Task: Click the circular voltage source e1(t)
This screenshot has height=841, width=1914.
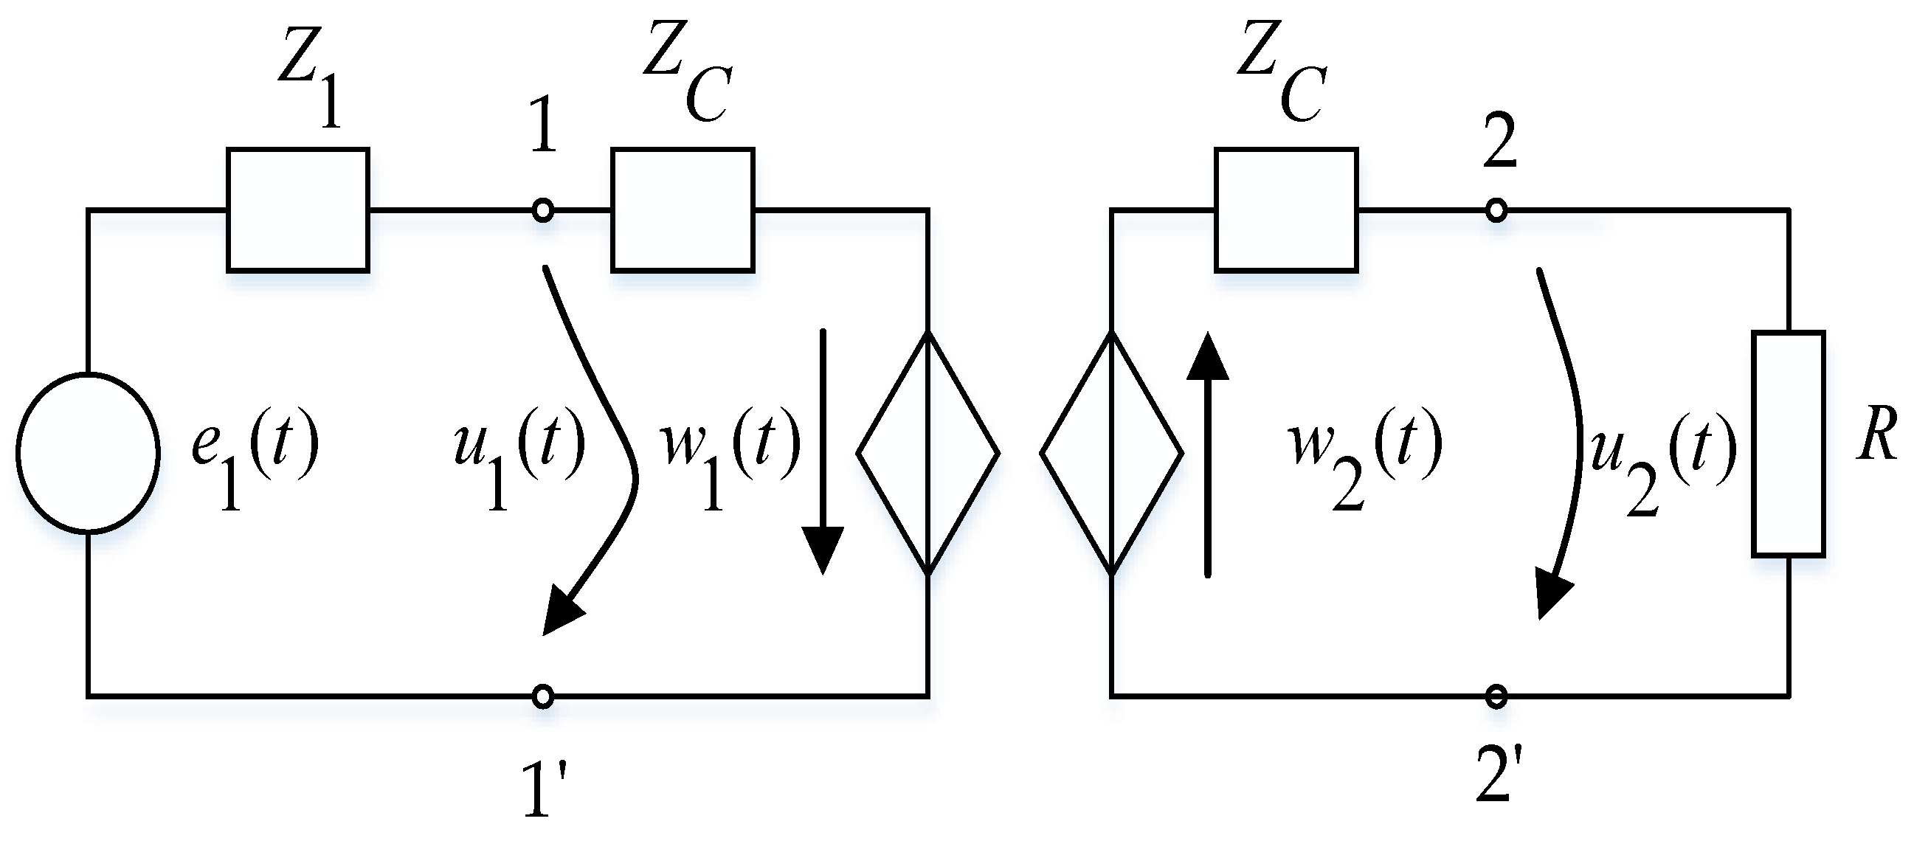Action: pyautogui.click(x=88, y=452)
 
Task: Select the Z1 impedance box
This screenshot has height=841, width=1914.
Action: pyautogui.click(x=298, y=210)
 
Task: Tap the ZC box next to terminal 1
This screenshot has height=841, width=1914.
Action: pyautogui.click(x=683, y=210)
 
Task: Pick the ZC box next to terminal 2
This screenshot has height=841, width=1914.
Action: pyautogui.click(x=1287, y=210)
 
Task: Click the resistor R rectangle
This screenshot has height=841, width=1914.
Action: pyautogui.click(x=1789, y=443)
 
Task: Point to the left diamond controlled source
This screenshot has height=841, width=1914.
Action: pyautogui.click(x=928, y=452)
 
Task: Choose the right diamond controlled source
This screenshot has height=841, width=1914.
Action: pyautogui.click(x=1111, y=452)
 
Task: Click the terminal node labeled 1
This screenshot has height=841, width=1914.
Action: pyautogui.click(x=543, y=211)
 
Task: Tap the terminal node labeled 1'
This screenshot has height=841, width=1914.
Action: pyautogui.click(x=543, y=696)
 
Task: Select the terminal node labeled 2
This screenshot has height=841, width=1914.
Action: pyautogui.click(x=1496, y=211)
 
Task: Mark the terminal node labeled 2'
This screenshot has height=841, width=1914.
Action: pyautogui.click(x=1496, y=696)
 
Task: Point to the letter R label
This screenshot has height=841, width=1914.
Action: pyautogui.click(x=1877, y=434)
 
